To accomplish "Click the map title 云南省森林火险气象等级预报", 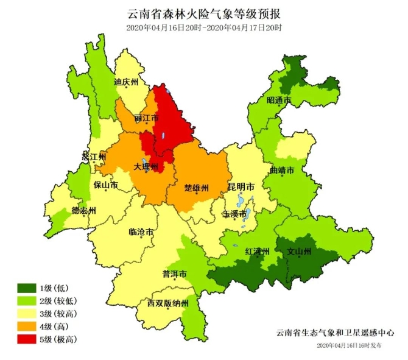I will (204, 13).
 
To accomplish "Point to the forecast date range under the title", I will (204, 27).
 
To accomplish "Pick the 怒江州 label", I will (94, 157).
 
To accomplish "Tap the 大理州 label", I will (146, 166).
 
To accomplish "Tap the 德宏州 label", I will (83, 211).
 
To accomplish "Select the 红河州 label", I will (257, 251).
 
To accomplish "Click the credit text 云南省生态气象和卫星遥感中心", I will (335, 333).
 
